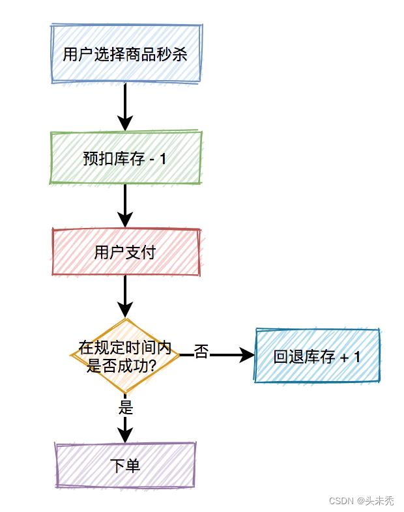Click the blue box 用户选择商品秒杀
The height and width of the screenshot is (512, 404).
point(125,54)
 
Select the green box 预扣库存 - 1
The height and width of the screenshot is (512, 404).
point(125,158)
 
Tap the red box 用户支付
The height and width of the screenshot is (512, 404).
point(125,252)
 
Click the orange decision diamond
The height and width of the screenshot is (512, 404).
point(125,356)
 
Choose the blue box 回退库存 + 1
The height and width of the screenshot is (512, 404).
point(317,356)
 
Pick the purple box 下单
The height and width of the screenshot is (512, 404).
point(125,465)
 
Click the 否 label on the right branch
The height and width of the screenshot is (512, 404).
point(201,352)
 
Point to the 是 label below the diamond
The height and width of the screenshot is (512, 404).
point(126,408)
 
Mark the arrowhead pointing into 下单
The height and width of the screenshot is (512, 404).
point(125,434)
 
